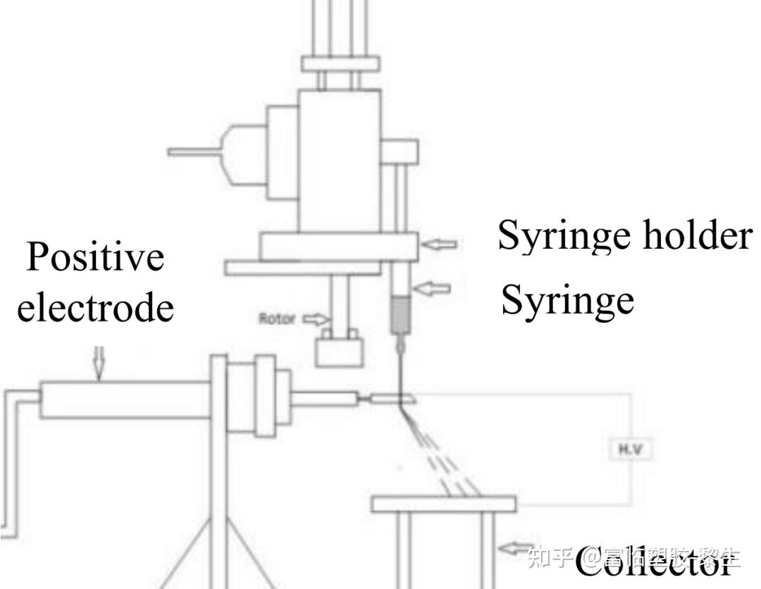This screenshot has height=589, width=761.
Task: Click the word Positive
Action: click(x=95, y=257)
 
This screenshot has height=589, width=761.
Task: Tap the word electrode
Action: click(x=95, y=307)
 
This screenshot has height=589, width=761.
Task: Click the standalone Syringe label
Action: click(x=567, y=300)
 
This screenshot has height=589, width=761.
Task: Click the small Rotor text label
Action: click(x=277, y=318)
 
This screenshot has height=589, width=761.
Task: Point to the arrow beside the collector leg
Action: click(x=512, y=546)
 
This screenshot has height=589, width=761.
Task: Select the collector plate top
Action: click(x=444, y=503)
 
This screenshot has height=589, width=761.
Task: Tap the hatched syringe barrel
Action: click(x=400, y=314)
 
